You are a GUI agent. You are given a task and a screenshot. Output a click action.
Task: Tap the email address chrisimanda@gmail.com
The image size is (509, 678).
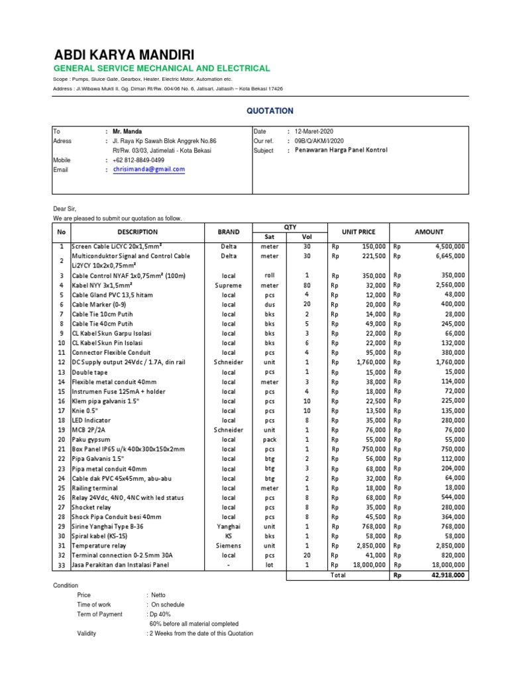coord(148,169)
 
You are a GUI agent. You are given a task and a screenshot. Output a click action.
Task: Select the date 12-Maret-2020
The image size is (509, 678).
coord(315,132)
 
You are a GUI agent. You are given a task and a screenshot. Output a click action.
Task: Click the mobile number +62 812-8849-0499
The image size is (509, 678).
coord(139,160)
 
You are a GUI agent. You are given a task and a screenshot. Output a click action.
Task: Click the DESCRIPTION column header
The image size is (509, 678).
coord(137,232)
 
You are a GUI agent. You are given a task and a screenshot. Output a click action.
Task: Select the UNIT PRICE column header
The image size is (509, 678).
coord(358,232)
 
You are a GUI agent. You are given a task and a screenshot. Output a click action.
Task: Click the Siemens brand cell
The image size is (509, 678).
coord(229,545)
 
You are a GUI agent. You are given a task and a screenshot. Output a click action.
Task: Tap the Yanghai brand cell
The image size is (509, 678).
coord(229,526)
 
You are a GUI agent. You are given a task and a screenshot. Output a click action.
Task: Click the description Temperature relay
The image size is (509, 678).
coord(99,545)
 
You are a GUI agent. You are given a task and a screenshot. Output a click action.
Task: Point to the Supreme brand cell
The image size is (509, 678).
coord(229,285)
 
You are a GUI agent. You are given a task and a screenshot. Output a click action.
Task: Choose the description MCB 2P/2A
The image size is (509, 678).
coord(88,429)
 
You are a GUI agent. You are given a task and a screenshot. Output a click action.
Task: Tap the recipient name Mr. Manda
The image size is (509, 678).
coord(127,132)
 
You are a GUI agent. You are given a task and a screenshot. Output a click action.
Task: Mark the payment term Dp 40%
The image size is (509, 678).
coord(162,614)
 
